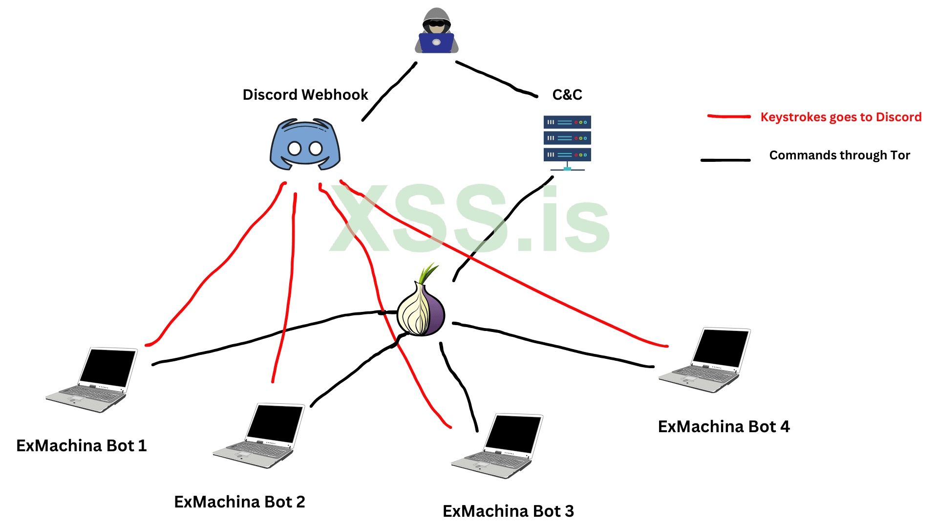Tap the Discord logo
point(305,145)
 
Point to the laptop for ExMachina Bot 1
point(92,380)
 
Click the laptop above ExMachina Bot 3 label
point(498,446)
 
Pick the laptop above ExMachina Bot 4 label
point(705,360)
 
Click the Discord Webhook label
point(305,94)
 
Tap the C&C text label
point(567,94)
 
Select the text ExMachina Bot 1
point(82,445)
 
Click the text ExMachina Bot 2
point(239,502)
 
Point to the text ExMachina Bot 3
point(508,511)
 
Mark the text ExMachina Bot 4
point(724,426)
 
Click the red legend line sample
point(729,116)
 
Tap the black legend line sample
point(725,160)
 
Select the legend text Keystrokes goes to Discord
point(841,117)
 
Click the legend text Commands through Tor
point(839,155)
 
